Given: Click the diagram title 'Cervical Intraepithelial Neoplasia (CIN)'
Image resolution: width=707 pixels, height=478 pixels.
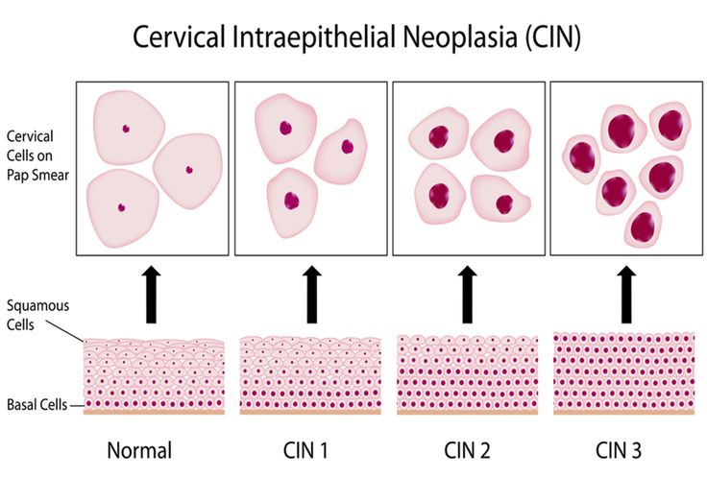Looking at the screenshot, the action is point(356,36).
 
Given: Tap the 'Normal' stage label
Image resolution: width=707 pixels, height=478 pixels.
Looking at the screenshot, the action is point(140,450).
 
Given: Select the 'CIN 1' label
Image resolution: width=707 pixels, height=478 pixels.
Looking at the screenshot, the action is point(305,450).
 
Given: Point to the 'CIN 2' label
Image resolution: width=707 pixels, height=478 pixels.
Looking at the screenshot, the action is point(467,450).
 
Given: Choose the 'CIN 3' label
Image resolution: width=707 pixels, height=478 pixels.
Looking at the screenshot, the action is point(619,450).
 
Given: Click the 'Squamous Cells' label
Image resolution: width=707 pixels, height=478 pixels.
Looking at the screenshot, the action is point(37,315).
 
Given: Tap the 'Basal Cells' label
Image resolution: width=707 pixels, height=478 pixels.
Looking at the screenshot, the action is point(37,404).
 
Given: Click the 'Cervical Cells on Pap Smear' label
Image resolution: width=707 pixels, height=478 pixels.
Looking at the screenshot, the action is point(37,155).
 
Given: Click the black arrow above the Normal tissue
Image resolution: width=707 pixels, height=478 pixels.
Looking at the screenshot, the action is point(152,294).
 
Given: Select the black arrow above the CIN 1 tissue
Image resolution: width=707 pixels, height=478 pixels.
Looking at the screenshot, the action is point(311,294).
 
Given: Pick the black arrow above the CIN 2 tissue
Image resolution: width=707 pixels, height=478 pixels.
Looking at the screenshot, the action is point(467,294).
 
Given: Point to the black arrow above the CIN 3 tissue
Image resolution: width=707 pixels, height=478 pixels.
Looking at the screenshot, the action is point(626,294).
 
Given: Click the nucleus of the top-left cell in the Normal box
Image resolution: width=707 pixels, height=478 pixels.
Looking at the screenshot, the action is point(126,129).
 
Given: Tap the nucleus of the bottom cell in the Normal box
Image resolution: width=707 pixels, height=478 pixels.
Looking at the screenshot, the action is point(121,207).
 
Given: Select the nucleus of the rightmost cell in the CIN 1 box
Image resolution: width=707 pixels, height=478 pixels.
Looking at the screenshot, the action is point(347,147).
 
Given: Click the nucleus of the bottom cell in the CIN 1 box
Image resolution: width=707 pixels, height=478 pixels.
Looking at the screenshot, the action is point(292,201).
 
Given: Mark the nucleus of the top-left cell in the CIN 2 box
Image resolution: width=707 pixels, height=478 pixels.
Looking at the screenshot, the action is point(439,137).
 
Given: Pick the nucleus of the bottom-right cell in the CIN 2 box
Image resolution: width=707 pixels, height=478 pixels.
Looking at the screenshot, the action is point(504,204).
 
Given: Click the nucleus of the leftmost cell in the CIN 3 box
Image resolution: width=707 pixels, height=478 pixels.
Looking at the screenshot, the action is point(581,156).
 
